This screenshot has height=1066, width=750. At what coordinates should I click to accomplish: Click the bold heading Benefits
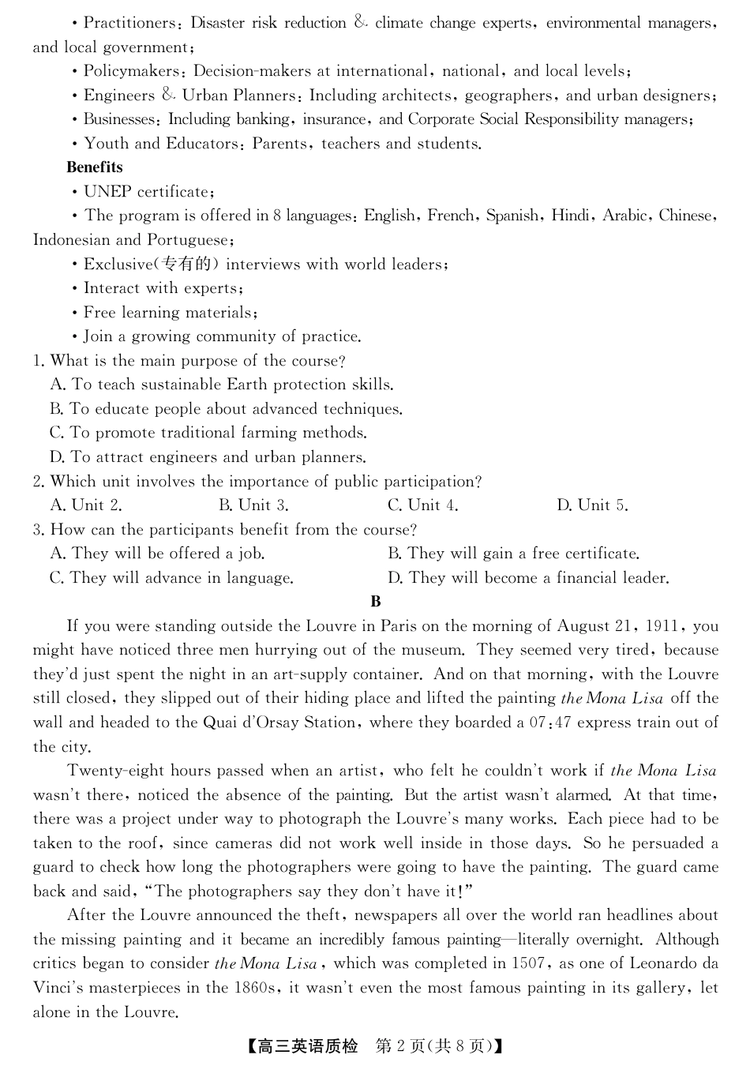(x=95, y=167)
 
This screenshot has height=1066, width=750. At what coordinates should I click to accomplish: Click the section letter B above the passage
(x=376, y=602)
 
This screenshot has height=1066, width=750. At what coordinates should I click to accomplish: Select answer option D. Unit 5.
(x=592, y=505)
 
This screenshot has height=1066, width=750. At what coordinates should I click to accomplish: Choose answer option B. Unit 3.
(x=253, y=505)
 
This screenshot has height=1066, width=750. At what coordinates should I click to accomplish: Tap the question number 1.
(x=38, y=361)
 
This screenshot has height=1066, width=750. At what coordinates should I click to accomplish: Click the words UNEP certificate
(x=148, y=192)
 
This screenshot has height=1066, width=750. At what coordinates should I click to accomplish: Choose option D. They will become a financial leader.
(x=528, y=578)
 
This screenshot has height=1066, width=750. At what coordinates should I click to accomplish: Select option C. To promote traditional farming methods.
(x=208, y=433)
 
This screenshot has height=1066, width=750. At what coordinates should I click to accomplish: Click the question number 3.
(x=38, y=530)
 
